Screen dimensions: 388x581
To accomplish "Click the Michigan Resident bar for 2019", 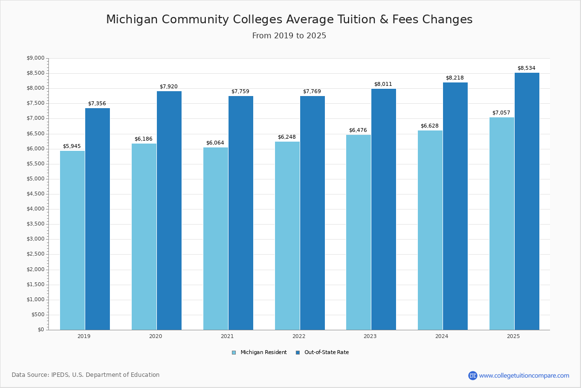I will pyautogui.click(x=72, y=240).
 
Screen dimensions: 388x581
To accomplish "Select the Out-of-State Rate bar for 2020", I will pyautogui.click(x=169, y=210).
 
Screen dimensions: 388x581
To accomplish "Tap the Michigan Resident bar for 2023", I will pyautogui.click(x=358, y=232).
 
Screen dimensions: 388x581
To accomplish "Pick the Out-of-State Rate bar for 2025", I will pyautogui.click(x=527, y=201).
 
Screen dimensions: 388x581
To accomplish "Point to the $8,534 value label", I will pyautogui.click(x=526, y=68).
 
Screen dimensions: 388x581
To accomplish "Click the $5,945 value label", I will pyautogui.click(x=72, y=146).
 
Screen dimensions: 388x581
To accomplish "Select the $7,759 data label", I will pyautogui.click(x=240, y=92).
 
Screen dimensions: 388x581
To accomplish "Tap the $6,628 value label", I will pyautogui.click(x=429, y=126).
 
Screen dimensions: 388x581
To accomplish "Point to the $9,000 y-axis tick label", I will pyautogui.click(x=35, y=58).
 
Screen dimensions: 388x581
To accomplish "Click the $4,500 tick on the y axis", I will pyautogui.click(x=35, y=194).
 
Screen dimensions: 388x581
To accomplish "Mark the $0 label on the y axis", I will pyautogui.click(x=41, y=330).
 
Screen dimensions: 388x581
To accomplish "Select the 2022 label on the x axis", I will pyautogui.click(x=299, y=336).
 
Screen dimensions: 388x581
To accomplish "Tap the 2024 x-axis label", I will pyautogui.click(x=442, y=336).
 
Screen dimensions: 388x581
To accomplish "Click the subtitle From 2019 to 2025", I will pyautogui.click(x=289, y=36).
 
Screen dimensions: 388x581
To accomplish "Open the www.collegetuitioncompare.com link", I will pyautogui.click(x=524, y=375).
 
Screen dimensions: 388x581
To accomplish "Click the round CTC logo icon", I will pyautogui.click(x=473, y=375).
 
